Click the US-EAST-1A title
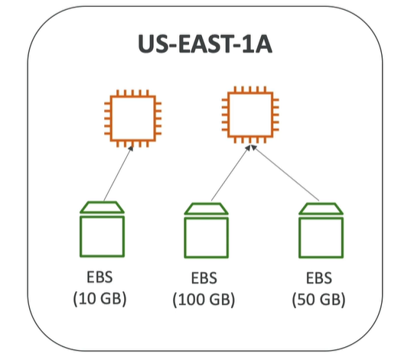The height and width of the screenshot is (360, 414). (x=205, y=44)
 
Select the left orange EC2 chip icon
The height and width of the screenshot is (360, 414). (x=132, y=96)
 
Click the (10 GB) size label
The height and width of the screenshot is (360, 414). (x=99, y=299)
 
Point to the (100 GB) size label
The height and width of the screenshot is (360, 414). (x=204, y=300)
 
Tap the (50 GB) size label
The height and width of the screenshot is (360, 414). (x=318, y=300)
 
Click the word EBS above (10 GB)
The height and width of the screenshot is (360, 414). (x=99, y=277)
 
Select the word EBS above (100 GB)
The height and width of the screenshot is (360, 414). (x=204, y=278)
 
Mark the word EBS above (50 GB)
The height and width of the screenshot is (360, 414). (x=319, y=278)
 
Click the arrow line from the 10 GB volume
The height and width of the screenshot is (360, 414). (x=119, y=174)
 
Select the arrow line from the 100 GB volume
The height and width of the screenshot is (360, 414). (x=231, y=173)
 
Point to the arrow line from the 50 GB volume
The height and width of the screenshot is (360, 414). (x=285, y=173)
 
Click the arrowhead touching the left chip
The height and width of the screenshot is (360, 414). (x=130, y=148)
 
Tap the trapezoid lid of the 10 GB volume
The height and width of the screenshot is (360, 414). (x=102, y=207)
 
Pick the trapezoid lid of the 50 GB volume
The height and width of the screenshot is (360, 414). (x=321, y=209)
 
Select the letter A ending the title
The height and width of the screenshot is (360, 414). (x=262, y=44)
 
